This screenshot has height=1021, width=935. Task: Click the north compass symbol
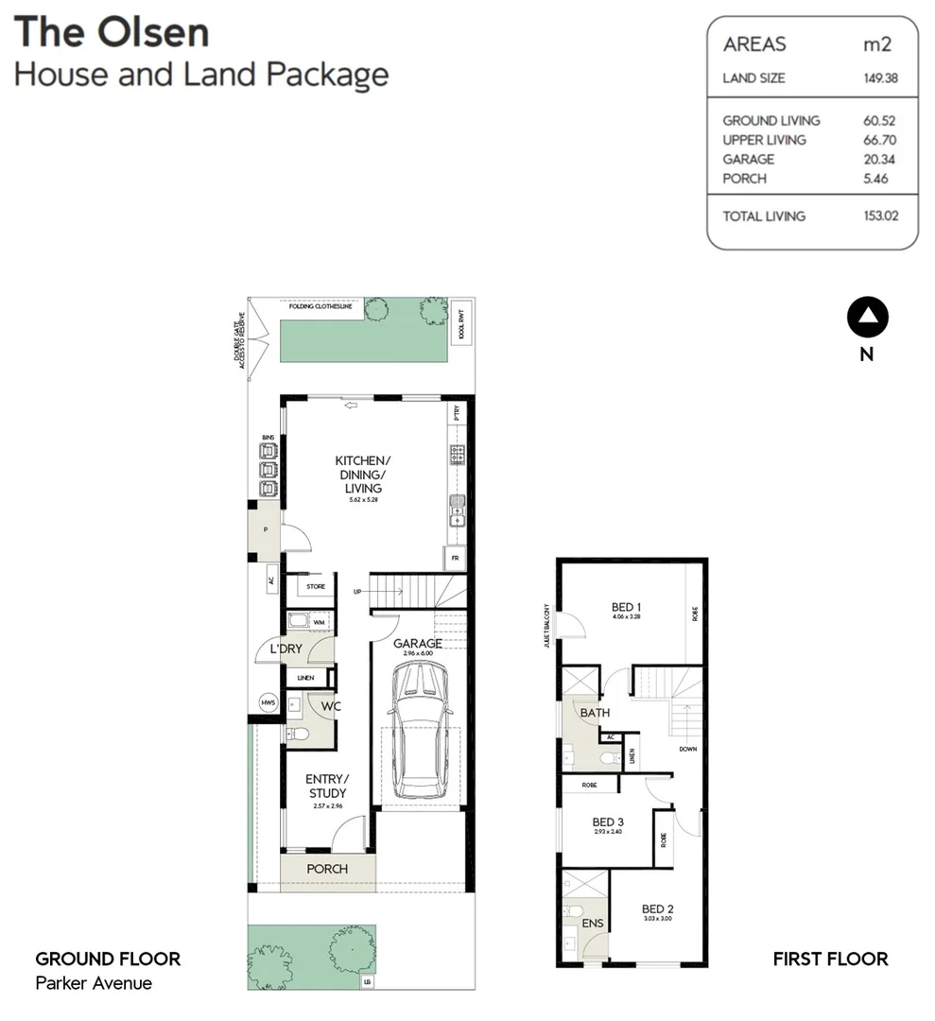point(867,319)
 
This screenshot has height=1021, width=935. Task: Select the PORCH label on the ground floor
point(327,869)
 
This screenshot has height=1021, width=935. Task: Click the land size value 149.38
point(879,78)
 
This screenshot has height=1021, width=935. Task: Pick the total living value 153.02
point(879,216)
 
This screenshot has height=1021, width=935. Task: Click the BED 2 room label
point(657,909)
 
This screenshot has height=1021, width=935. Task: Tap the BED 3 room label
point(608,822)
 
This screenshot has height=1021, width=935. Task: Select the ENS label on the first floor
point(593,924)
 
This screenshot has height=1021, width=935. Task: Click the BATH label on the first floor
point(595,713)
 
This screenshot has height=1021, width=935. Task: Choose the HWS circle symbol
point(268,702)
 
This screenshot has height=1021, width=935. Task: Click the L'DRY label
point(285,650)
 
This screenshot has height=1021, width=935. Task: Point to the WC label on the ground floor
point(330,706)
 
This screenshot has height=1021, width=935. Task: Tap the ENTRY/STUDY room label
point(327,786)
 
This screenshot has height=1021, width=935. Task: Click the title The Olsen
point(112,32)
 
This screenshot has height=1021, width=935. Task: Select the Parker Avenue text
point(94,983)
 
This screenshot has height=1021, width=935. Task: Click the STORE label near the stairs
point(316,587)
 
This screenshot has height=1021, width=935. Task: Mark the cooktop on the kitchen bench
point(458,455)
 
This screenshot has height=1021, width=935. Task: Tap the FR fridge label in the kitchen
point(456,559)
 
